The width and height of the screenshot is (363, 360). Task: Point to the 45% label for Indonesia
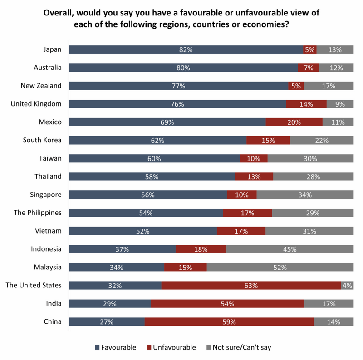[289, 249]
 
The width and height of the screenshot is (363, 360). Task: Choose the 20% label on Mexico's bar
[294, 122]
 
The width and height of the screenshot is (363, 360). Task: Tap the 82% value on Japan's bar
[186, 50]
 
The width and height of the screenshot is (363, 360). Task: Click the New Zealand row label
[41, 86]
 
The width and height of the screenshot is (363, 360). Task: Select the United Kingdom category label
[36, 104]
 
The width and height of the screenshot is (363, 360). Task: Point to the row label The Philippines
[39, 213]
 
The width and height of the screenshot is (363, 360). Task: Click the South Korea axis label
[42, 140]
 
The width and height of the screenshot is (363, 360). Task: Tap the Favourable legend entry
[115, 348]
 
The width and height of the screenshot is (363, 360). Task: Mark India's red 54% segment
[227, 304]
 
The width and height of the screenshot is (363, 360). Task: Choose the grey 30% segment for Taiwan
[310, 159]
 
